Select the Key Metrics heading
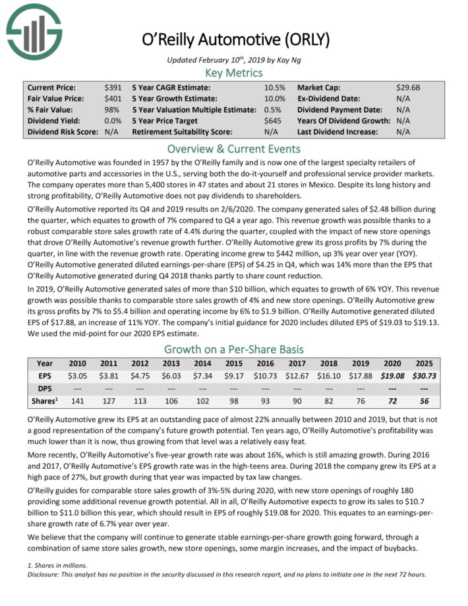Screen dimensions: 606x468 point(233,73)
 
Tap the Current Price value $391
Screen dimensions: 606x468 point(113,88)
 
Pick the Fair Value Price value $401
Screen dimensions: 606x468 point(113,98)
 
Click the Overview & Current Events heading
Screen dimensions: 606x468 point(233,148)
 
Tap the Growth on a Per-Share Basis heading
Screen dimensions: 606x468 point(233,349)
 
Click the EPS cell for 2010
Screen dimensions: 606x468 point(78,375)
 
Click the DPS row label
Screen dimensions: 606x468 point(45,386)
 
